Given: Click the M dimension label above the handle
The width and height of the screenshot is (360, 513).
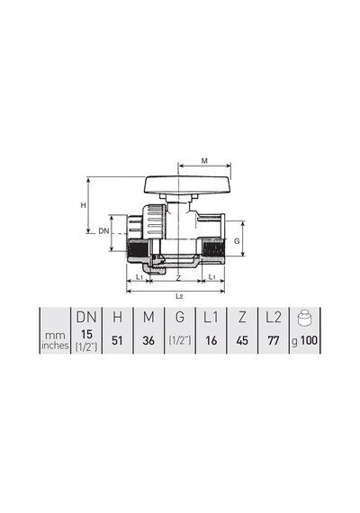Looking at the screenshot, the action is tap(204, 160).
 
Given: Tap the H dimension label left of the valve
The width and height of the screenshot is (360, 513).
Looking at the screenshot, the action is tap(84, 205).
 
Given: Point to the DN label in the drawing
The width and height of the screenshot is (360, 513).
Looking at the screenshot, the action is tap(103, 231).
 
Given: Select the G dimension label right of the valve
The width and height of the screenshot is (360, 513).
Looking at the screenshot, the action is tap(237, 241).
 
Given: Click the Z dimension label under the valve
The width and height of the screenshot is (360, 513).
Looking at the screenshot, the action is tap(178, 278).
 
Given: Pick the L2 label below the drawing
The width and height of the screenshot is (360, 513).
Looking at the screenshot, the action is tap(179, 296).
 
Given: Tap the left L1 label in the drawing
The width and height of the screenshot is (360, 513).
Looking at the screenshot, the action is tap(139, 277).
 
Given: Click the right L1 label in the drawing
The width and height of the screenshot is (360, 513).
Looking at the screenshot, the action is tap(212, 277).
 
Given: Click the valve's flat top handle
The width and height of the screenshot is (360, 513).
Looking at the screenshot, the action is tap(188, 185).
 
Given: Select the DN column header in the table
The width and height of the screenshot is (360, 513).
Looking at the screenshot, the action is tap(86, 317).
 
